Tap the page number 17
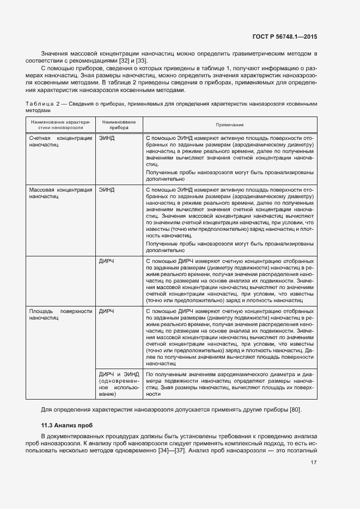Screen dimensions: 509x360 click(314, 463)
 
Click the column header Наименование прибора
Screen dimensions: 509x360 click(119, 125)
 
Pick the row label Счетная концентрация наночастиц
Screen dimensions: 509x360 click(60, 143)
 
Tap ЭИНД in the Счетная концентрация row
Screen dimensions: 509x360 click(107, 139)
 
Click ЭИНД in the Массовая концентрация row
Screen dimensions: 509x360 click(107, 190)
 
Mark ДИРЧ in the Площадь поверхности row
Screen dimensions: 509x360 click(107, 311)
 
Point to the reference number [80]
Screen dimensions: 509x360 click(292, 410)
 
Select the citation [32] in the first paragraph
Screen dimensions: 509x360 click(125, 60)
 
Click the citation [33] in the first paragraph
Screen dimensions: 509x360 click(142, 60)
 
